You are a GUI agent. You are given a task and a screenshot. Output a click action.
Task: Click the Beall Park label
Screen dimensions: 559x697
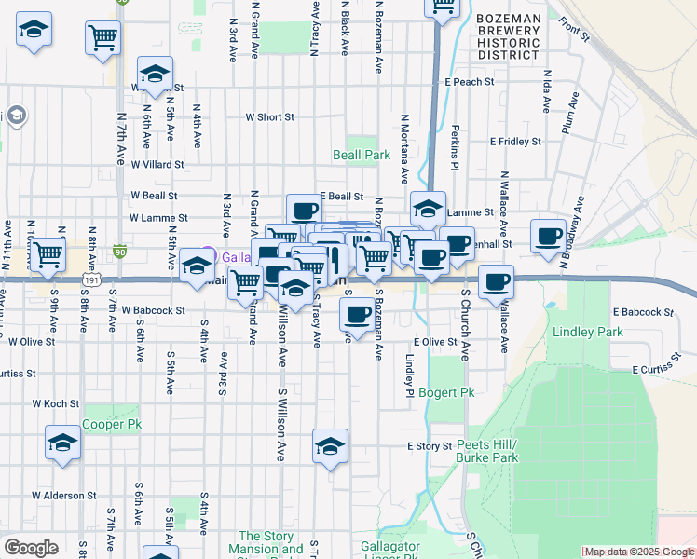(362, 155)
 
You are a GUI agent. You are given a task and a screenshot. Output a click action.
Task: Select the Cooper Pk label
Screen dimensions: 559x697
(112, 424)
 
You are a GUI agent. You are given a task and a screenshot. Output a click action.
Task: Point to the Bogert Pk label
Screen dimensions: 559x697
(446, 392)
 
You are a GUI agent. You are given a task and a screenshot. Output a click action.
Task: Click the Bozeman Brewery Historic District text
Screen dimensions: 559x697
(508, 36)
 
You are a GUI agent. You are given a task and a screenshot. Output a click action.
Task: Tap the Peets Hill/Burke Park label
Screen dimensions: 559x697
(486, 452)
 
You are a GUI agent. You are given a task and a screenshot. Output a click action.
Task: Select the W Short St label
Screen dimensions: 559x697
(269, 117)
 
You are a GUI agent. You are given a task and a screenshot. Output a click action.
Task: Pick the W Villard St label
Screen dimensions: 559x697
(157, 164)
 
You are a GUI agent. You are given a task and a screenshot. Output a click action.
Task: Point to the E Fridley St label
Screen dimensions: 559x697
(516, 142)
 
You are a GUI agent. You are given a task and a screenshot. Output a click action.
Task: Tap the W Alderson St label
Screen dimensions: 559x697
(64, 496)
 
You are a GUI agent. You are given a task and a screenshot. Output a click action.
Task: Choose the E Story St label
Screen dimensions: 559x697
(429, 446)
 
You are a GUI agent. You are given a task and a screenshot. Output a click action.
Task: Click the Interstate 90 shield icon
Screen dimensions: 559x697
(120, 251)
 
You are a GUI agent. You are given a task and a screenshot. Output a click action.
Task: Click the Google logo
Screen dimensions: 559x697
(31, 548)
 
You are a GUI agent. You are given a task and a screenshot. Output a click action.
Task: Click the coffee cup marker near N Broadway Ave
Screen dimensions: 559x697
(548, 236)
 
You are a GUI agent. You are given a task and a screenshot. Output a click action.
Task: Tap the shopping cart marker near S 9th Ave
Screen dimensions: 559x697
(48, 253)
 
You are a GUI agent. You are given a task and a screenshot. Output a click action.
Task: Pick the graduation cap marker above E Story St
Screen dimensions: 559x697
(330, 447)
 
